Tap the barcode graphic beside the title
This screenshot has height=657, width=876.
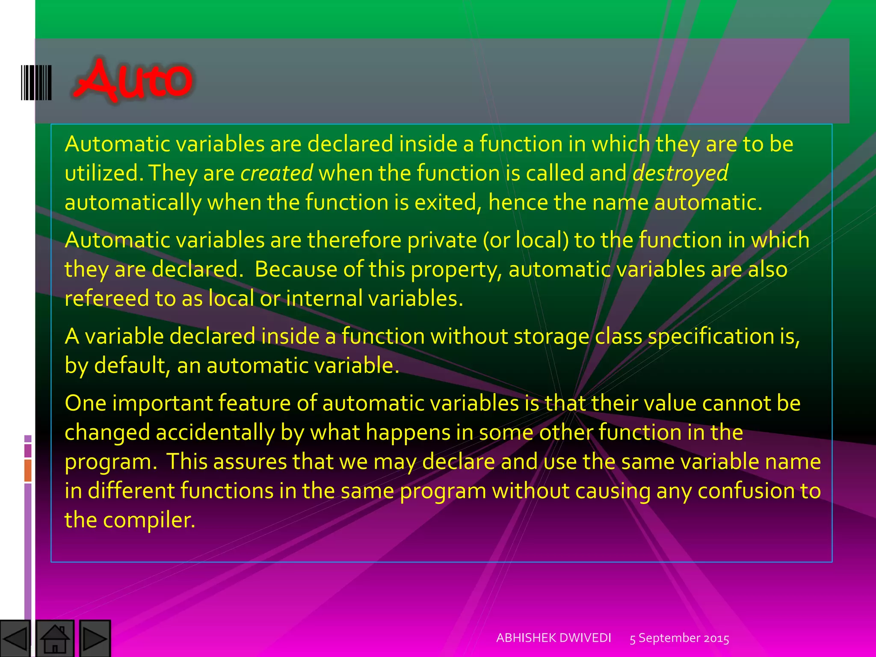point(36,83)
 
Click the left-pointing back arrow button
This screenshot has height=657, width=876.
point(15,639)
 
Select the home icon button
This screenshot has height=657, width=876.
point(55,639)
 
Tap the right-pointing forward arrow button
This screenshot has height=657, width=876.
point(95,639)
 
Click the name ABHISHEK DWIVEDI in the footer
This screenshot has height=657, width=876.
point(553,638)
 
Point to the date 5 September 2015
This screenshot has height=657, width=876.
point(679,638)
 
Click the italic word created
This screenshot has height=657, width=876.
point(277,173)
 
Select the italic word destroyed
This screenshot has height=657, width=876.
point(680,173)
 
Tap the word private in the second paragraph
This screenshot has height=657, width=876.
point(442,240)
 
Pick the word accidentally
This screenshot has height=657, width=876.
point(215,432)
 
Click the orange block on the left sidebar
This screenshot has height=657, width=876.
point(28,470)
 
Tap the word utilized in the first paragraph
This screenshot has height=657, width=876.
point(101,173)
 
